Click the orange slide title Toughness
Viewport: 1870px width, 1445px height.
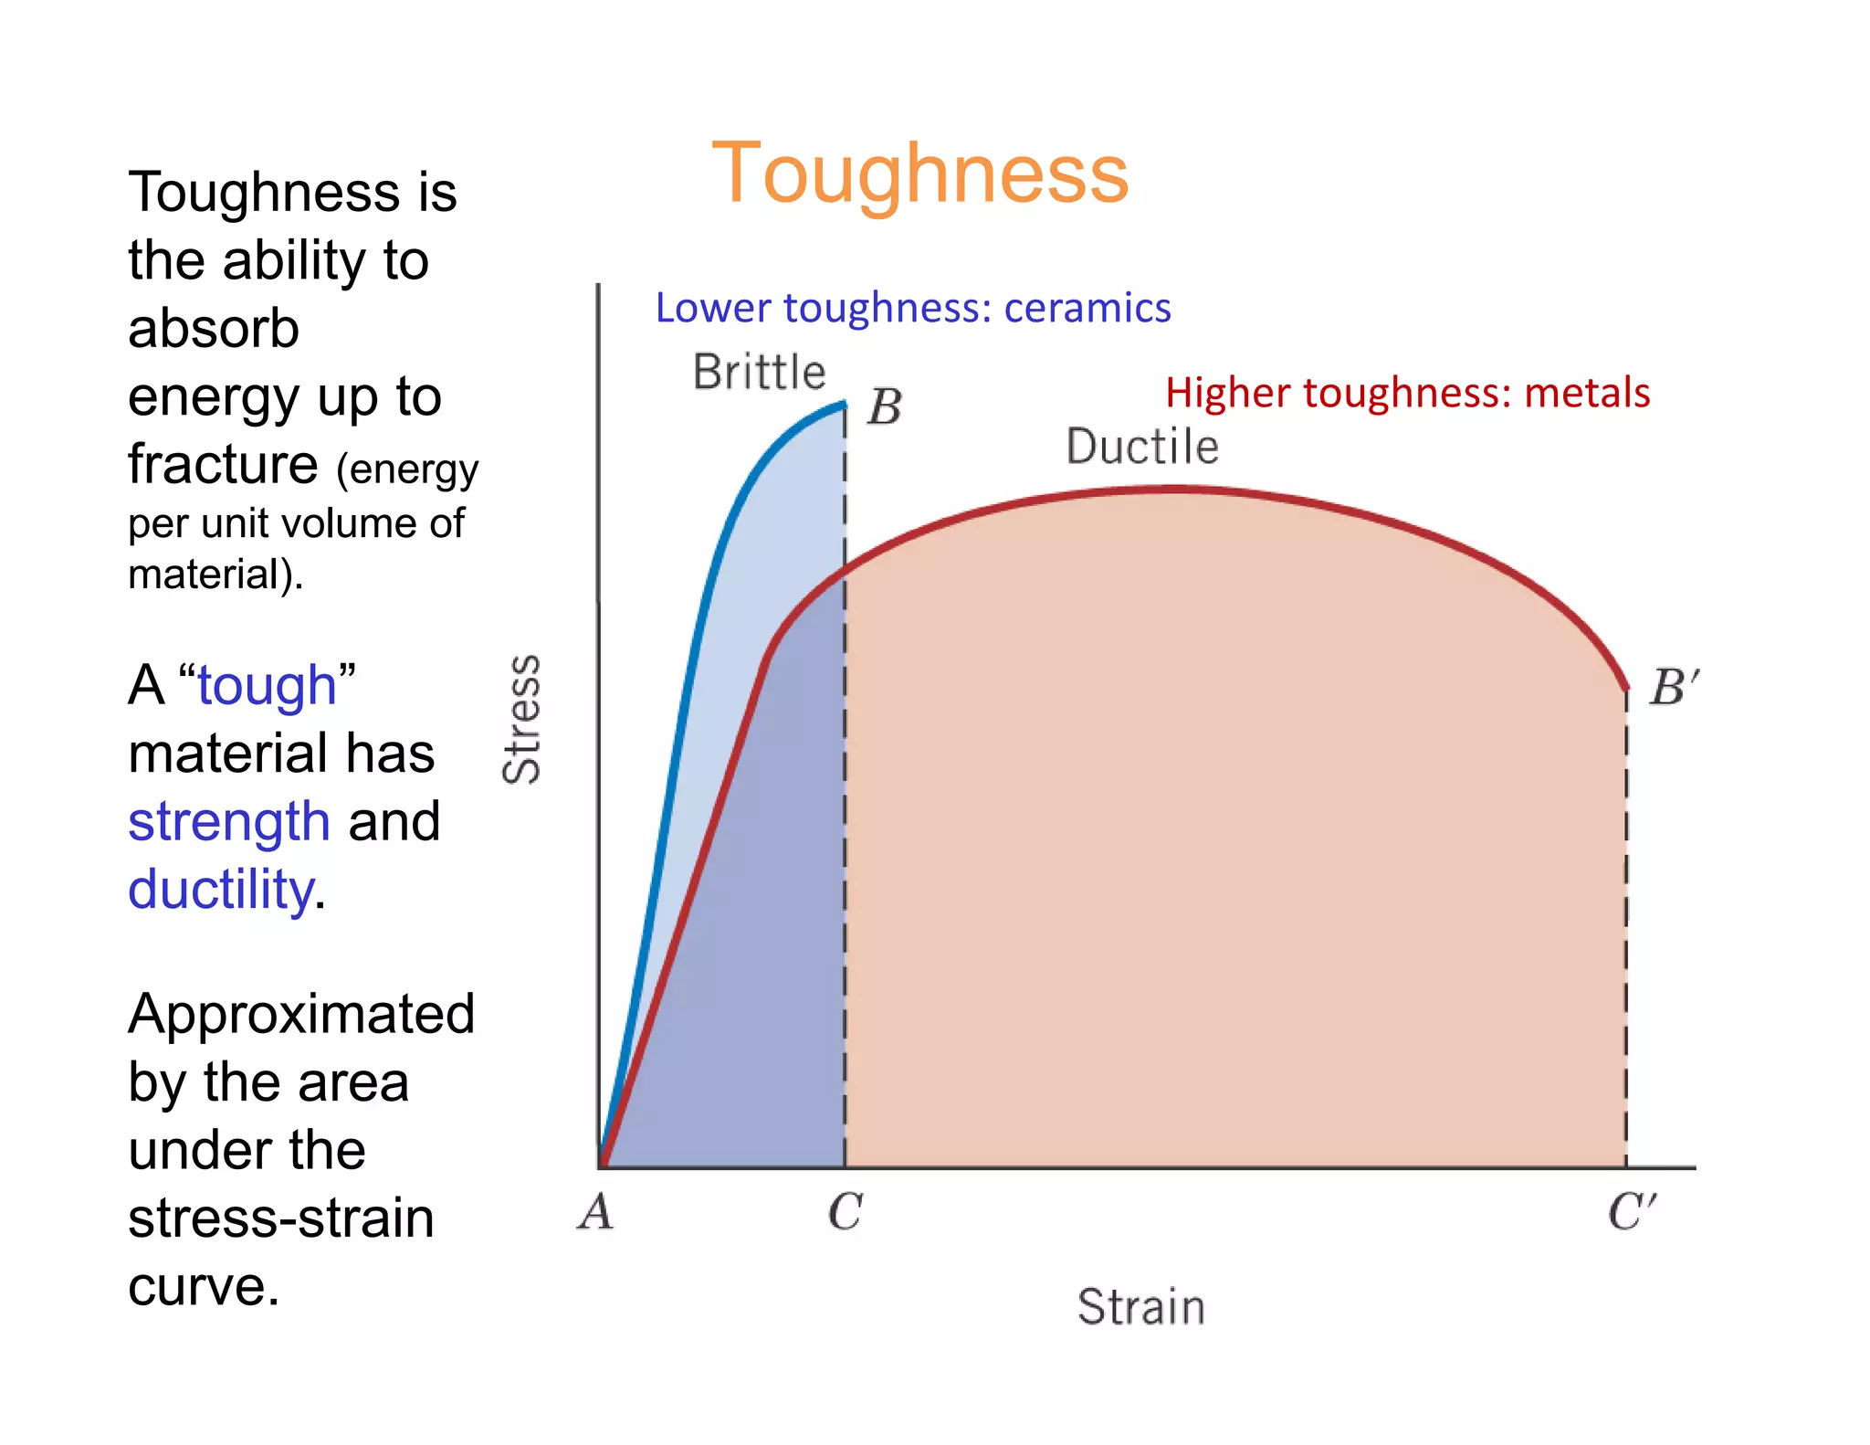click(919, 174)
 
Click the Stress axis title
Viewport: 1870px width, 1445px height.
click(522, 719)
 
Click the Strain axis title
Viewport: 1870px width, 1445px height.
click(1140, 1306)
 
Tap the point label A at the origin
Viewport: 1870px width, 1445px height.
click(596, 1213)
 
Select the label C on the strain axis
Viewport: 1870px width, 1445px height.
click(845, 1213)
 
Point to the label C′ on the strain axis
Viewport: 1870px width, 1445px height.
click(1631, 1213)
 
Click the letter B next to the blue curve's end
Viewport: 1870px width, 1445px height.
click(884, 407)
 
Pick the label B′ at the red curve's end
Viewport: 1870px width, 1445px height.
click(1674, 687)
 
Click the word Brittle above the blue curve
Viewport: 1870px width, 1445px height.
click(759, 372)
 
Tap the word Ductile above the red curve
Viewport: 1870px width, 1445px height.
click(1142, 447)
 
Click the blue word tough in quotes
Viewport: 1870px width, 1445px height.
click(267, 687)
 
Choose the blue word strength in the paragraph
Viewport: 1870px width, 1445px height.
click(228, 820)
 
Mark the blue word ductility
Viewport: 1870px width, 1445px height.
click(221, 889)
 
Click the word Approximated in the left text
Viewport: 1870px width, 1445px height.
click(301, 1014)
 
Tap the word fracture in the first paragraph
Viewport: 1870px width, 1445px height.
click(223, 464)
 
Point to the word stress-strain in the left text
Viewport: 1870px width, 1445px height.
click(280, 1218)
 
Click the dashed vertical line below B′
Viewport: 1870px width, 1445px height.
click(1626, 932)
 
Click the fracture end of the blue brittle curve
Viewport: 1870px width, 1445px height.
click(844, 404)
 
